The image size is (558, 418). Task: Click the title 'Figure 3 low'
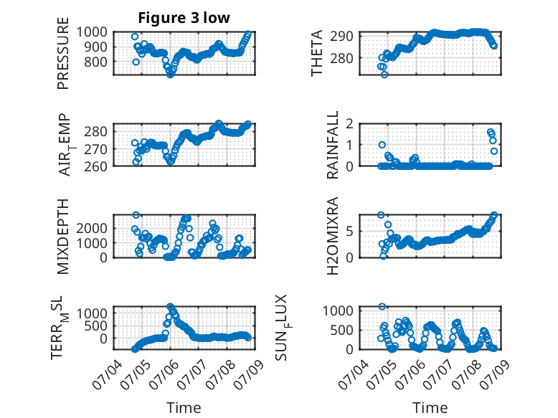(184, 18)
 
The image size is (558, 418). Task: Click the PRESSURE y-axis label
(62, 53)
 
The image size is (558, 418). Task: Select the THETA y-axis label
(316, 53)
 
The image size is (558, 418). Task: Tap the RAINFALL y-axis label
(332, 144)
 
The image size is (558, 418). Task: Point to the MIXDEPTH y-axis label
(62, 236)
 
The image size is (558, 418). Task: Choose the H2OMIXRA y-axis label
(332, 236)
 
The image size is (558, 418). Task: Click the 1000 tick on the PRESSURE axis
(92, 32)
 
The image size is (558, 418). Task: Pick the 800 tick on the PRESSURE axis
(95, 62)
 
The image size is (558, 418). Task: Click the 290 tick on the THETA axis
(341, 36)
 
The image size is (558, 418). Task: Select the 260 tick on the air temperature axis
(95, 166)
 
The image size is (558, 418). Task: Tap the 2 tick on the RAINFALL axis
(350, 124)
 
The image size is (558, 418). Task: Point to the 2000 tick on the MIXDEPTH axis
(92, 228)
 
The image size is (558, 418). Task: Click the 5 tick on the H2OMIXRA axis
(350, 232)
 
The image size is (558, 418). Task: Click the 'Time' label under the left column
(184, 407)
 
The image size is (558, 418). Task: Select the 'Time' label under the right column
(430, 407)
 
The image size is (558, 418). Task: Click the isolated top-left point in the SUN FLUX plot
(382, 307)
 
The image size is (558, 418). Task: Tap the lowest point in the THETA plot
(384, 75)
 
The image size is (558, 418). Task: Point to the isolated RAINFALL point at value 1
(382, 145)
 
